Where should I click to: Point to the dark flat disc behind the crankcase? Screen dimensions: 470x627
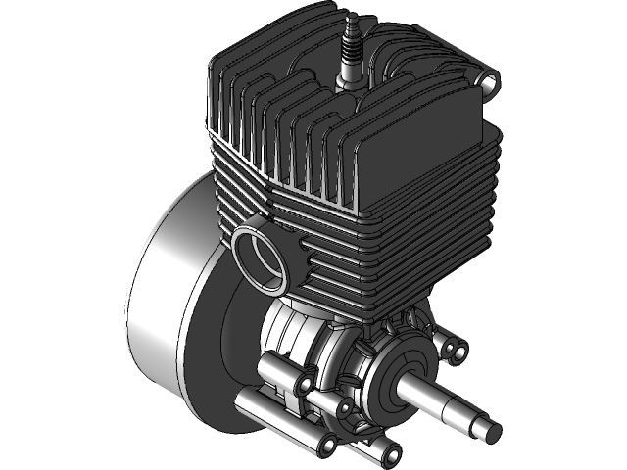[x=230, y=343]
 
